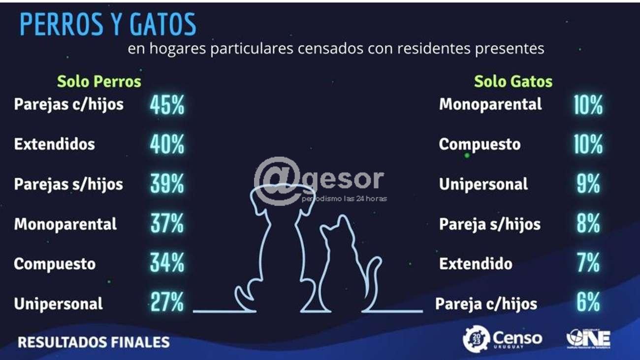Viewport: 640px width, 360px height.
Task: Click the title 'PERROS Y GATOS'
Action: coord(108,24)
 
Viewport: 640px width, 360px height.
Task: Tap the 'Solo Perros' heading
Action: coord(99,81)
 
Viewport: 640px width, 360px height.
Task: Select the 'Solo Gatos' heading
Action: coord(513,81)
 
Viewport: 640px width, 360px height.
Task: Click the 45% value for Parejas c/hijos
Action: coord(167,105)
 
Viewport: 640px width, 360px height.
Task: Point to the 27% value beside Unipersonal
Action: coord(167,303)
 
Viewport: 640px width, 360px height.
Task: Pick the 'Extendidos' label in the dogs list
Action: coord(54,144)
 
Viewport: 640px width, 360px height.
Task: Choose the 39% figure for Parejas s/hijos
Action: coord(167,184)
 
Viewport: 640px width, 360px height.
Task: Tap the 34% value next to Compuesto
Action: coord(167,263)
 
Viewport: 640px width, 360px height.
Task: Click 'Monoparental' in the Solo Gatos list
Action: coord(490,104)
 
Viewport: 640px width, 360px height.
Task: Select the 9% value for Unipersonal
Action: coord(588,184)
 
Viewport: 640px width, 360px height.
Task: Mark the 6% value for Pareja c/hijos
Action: coord(588,303)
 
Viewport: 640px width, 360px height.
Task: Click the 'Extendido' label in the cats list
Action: coord(476,263)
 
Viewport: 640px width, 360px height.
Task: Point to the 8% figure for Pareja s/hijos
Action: coord(588,225)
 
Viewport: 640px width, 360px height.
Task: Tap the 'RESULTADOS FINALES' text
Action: coord(94,342)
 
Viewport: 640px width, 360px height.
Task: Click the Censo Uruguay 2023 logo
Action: coord(502,339)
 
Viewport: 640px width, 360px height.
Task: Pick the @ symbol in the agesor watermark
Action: coord(277,180)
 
